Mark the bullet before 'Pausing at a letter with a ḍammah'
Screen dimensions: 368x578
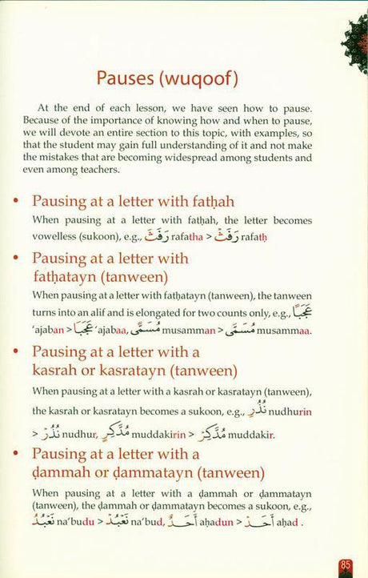coord(18,454)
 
